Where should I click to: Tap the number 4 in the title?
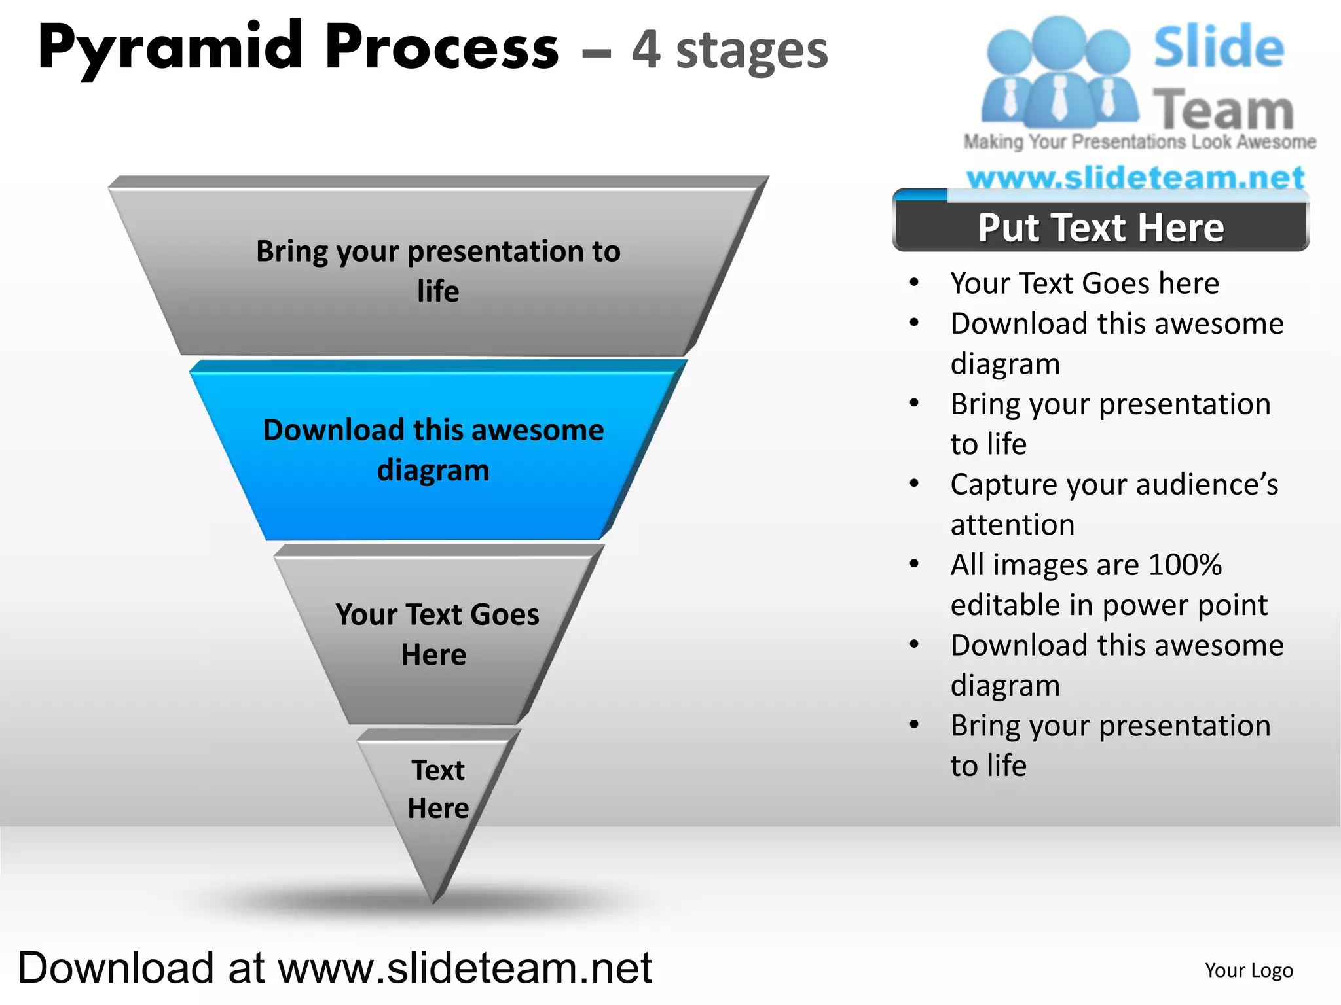[646, 50]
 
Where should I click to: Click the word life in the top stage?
[438, 292]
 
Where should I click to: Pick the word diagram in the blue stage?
[433, 470]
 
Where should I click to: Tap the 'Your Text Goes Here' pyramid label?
[437, 634]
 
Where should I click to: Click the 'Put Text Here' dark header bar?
[1100, 228]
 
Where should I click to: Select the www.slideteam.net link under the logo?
[1135, 177]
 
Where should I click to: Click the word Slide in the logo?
[1219, 47]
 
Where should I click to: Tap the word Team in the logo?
[1222, 110]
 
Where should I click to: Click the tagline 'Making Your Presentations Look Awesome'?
[1139, 142]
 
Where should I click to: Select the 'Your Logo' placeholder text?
[1249, 970]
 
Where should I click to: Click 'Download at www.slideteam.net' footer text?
[335, 968]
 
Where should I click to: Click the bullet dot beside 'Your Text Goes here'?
[914, 283]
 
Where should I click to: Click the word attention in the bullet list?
[1012, 525]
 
